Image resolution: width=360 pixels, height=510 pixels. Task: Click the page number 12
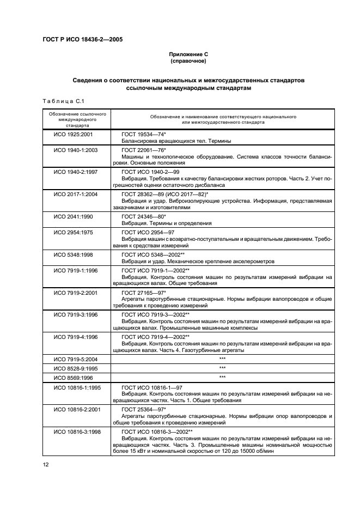(x=45, y=464)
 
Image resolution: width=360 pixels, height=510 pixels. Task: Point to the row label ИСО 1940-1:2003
(x=76, y=150)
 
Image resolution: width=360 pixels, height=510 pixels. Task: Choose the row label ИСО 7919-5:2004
(x=76, y=360)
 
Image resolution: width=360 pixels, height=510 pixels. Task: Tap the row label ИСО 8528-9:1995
(x=76, y=368)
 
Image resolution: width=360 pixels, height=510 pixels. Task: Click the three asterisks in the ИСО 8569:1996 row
(x=222, y=377)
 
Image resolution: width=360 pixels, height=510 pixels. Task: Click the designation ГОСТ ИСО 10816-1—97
(x=151, y=387)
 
